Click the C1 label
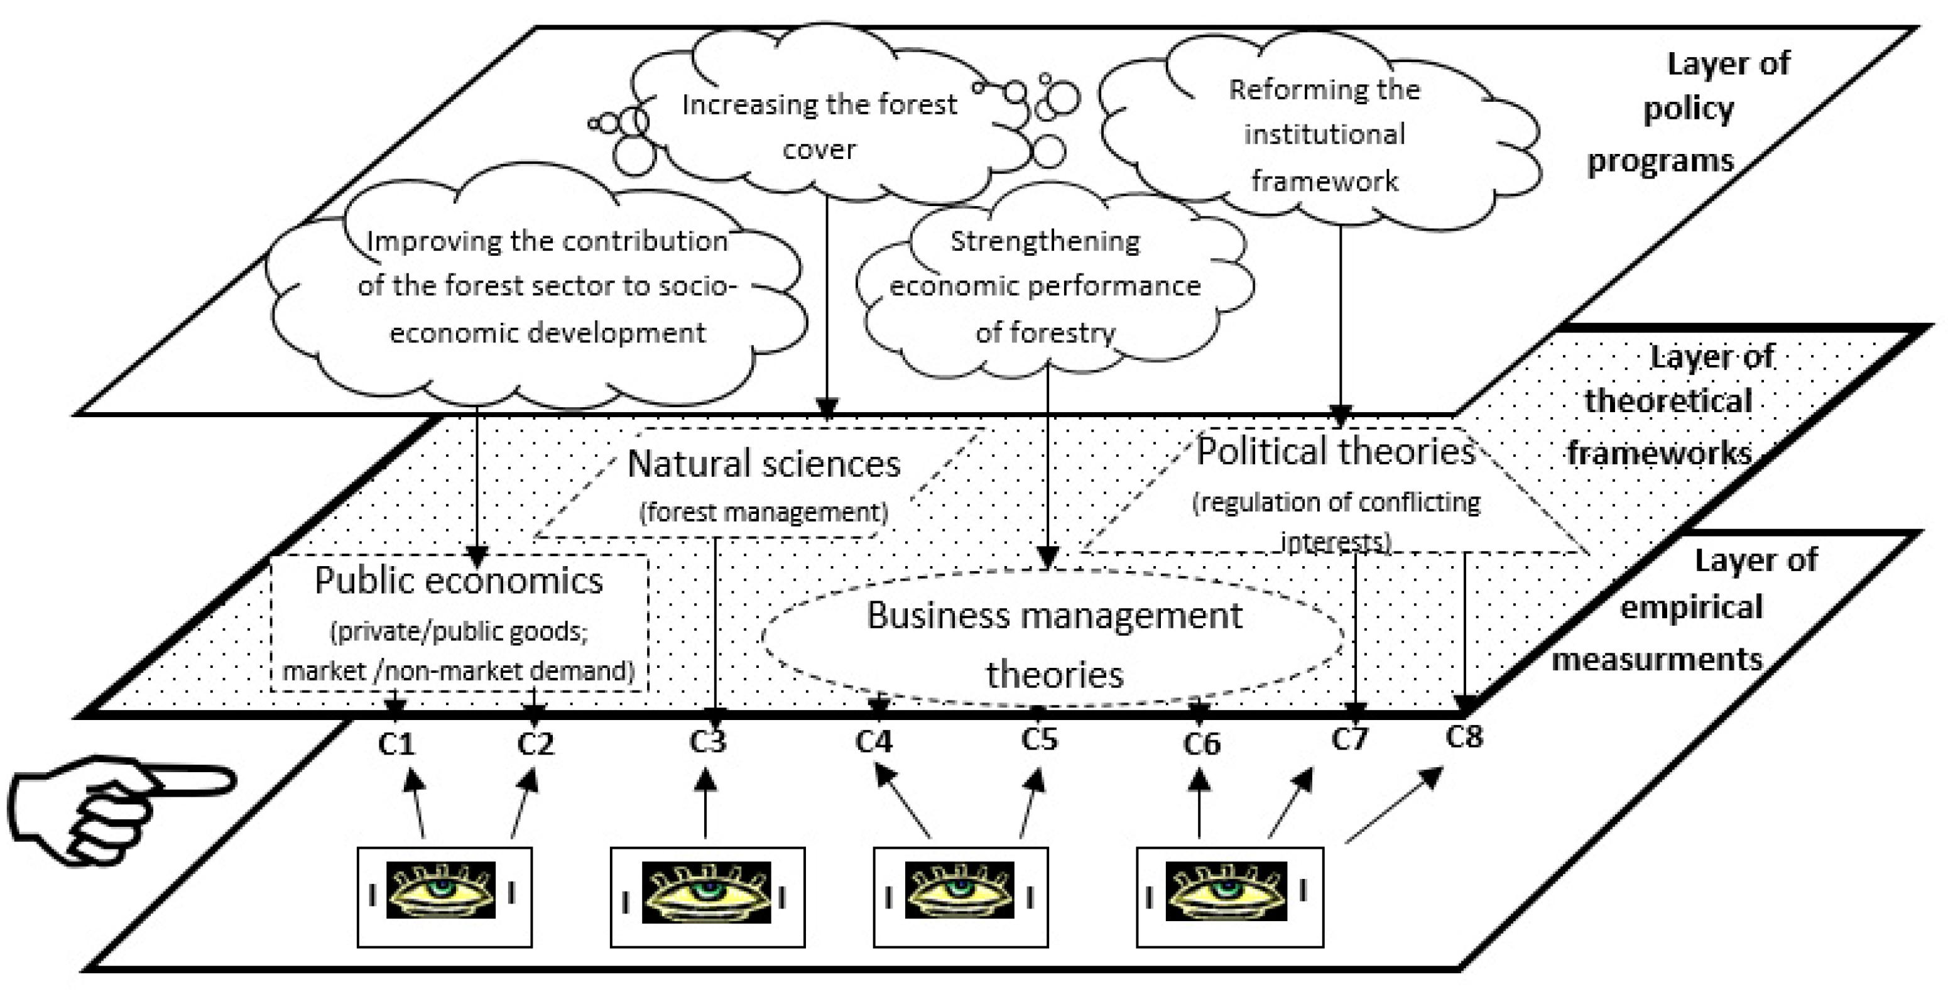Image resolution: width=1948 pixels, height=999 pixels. click(x=397, y=744)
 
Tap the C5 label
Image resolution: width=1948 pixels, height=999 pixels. click(x=1039, y=739)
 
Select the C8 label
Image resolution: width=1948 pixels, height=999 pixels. click(x=1464, y=736)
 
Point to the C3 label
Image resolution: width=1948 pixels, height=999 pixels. click(x=707, y=742)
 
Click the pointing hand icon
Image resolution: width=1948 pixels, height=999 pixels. click(x=114, y=807)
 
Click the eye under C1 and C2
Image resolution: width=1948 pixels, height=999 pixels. click(x=442, y=891)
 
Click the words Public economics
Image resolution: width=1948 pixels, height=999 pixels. click(x=459, y=581)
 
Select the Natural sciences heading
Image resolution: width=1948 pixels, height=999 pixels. click(x=764, y=464)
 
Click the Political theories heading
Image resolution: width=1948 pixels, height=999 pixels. click(x=1336, y=452)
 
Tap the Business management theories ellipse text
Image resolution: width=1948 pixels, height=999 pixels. click(x=1054, y=643)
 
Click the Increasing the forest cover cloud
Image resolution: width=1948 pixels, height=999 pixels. click(x=819, y=126)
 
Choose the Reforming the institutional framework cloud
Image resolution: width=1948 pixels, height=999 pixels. click(x=1324, y=134)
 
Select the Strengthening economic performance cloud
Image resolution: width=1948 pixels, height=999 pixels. click(x=1045, y=286)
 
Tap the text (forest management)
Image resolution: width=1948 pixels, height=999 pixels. click(x=763, y=513)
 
